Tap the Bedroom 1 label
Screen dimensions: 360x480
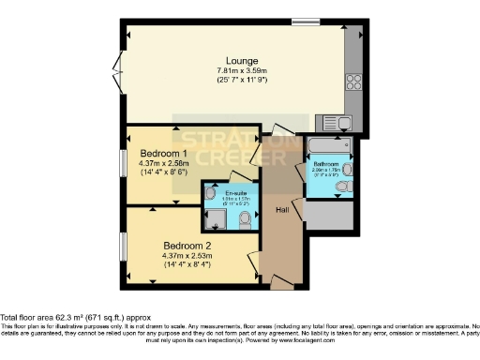click(163, 153)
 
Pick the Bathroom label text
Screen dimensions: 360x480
click(325, 164)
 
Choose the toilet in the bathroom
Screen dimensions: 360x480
click(342, 187)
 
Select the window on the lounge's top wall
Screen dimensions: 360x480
click(305, 21)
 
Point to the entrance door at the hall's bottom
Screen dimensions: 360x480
click(278, 280)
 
